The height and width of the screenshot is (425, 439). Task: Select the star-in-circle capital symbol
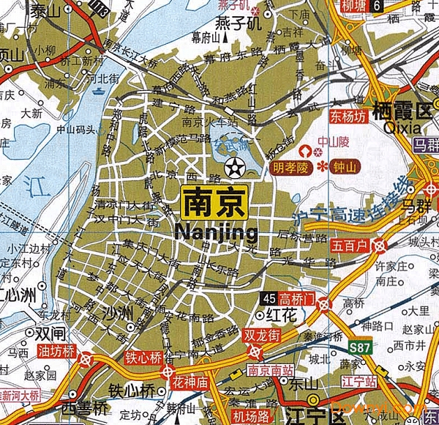236,168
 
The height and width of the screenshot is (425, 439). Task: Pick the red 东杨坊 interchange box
347,117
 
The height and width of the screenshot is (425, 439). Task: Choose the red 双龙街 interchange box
261,336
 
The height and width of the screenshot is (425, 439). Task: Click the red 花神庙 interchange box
191,382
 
